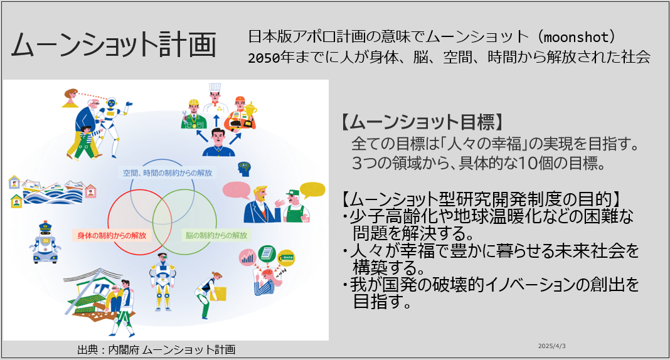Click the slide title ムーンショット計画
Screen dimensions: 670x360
[x=114, y=45]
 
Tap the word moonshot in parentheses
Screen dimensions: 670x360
[x=576, y=37]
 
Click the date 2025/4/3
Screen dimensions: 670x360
[x=551, y=346]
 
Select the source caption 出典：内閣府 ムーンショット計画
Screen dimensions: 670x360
[x=156, y=350]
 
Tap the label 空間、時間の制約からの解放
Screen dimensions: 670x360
[x=167, y=173]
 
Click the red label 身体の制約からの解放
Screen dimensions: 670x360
[x=112, y=235]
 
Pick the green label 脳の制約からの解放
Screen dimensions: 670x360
[x=216, y=235]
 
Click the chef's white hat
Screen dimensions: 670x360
[x=215, y=89]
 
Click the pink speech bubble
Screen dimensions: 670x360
[x=237, y=190]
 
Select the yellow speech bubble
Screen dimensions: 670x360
[x=312, y=190]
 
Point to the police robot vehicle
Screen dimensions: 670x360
[x=45, y=243]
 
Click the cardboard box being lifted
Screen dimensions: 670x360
[x=218, y=294]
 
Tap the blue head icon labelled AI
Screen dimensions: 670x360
[x=244, y=169]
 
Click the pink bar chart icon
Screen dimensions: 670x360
[x=247, y=258]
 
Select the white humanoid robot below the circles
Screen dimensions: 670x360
[x=162, y=282]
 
